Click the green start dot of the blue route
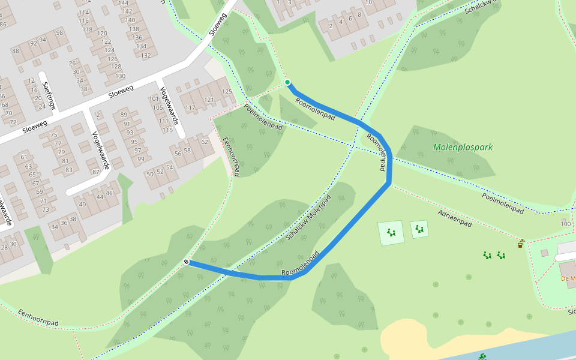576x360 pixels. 287,82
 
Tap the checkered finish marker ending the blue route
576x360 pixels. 187,262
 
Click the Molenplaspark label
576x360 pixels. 463,147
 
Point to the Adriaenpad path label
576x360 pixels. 455,219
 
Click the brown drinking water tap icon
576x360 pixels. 521,244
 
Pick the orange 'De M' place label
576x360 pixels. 568,278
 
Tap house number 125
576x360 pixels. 226,91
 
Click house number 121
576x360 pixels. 209,100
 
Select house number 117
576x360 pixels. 190,108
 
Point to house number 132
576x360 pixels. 145,55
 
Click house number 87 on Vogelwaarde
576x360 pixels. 95,172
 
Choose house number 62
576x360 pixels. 205,142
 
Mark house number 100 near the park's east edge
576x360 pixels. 565,224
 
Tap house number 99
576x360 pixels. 141,158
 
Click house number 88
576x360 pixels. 16,51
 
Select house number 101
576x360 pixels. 154,98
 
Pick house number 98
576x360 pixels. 59,32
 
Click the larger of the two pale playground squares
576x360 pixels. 391,233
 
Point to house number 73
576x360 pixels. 44,209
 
